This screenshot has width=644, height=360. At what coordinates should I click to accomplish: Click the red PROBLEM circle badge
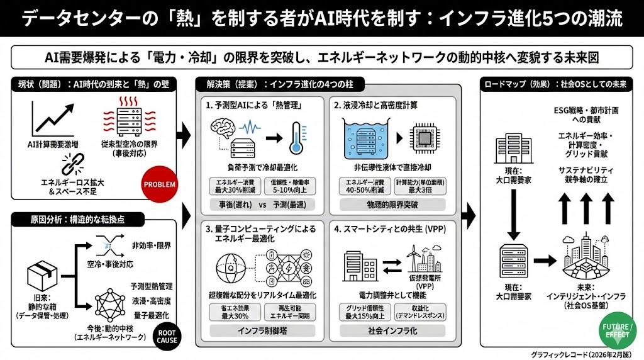pyautogui.click(x=160, y=184)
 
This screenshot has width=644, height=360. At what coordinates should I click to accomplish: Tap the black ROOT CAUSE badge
pyautogui.click(x=167, y=335)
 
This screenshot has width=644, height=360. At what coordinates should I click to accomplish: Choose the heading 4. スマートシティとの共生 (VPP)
pyautogui.click(x=386, y=230)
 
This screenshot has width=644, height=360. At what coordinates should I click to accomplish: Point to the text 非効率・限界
pyautogui.click(x=152, y=245)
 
